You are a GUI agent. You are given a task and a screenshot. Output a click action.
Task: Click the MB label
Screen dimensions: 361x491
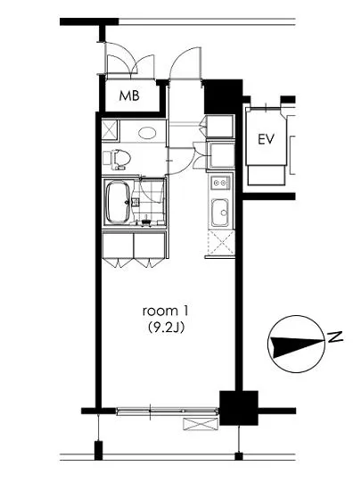click(x=129, y=96)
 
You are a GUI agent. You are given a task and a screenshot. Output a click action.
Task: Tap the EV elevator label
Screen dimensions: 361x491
click(x=266, y=139)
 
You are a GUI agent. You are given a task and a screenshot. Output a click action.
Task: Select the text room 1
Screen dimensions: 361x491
click(x=165, y=312)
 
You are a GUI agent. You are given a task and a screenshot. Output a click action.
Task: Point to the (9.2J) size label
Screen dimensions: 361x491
click(x=165, y=328)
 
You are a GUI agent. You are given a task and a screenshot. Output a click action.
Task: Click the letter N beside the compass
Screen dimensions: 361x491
click(x=335, y=337)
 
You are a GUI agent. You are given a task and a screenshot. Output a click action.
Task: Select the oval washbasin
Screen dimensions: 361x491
click(x=148, y=133)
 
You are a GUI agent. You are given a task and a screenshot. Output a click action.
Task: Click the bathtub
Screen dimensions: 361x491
click(x=119, y=203)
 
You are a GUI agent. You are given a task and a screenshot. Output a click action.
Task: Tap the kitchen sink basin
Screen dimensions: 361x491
click(x=220, y=212)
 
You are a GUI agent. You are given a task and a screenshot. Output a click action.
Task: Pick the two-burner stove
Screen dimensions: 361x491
click(x=220, y=183)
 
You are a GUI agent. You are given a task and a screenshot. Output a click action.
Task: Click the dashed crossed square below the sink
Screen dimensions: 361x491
click(x=221, y=243)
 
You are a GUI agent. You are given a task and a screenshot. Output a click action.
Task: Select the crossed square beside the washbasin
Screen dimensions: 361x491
click(x=110, y=129)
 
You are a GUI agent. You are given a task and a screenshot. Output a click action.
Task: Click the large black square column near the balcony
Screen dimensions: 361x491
click(x=239, y=408)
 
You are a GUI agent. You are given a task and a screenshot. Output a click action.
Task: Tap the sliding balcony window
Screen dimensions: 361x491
click(x=168, y=411)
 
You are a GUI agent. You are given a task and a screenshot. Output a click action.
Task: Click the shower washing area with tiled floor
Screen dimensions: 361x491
click(x=149, y=202)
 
